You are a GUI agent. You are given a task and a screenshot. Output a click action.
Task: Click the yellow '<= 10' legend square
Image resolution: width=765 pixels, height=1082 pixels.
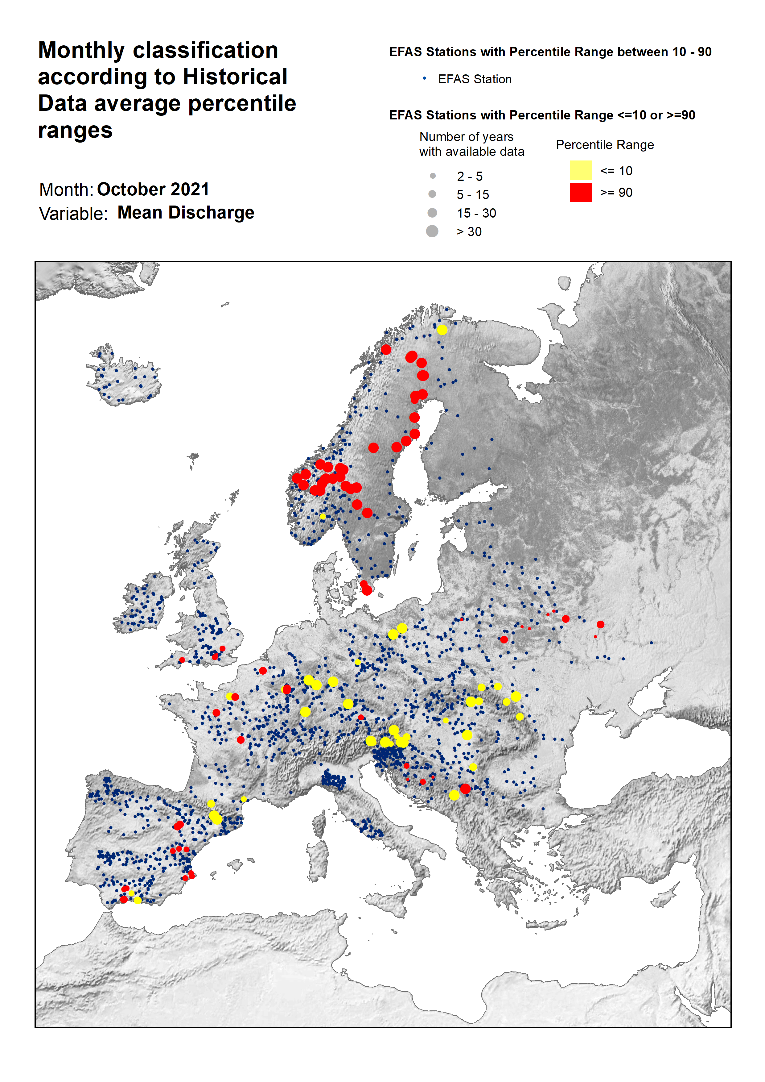click(580, 170)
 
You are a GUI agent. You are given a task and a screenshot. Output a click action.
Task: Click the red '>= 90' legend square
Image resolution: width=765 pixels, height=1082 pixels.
click(580, 192)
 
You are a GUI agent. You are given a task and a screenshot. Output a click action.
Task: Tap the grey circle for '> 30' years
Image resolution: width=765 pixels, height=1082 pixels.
click(432, 231)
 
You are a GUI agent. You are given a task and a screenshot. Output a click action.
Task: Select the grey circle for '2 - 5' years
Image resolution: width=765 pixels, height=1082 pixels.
click(432, 176)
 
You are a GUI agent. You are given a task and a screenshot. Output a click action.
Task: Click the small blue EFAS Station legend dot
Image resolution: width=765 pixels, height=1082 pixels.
click(424, 78)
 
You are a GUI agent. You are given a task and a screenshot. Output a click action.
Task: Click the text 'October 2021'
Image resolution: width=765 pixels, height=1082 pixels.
click(153, 189)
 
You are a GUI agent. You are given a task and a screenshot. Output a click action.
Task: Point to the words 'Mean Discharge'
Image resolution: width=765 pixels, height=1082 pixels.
click(186, 213)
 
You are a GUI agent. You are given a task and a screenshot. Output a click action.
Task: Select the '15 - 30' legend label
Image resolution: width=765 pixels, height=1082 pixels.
click(476, 213)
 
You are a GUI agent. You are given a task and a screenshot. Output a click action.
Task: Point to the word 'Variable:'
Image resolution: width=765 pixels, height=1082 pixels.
click(73, 214)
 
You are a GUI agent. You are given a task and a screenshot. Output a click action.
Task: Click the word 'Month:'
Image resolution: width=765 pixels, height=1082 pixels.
click(66, 189)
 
